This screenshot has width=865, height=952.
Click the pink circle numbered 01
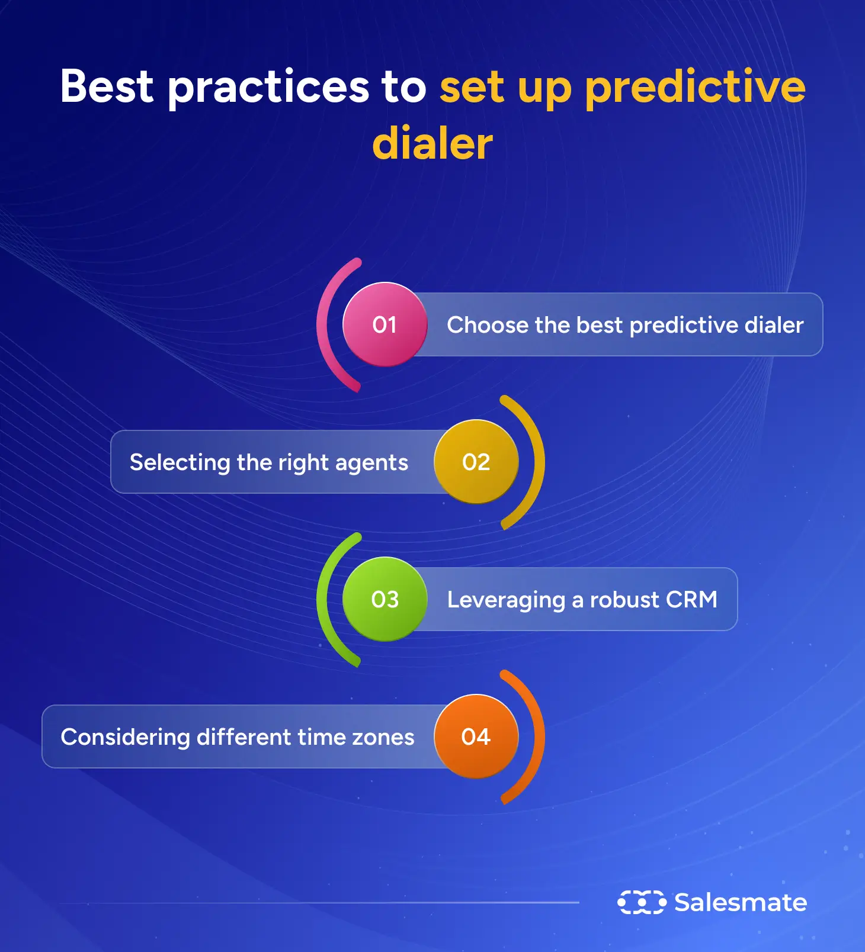[385, 324]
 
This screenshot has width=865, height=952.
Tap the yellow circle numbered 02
[476, 462]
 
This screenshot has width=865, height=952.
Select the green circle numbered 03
[385, 599]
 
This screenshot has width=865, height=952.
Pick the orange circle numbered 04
[476, 736]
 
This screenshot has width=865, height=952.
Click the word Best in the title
[107, 86]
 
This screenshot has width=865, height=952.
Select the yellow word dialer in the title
[432, 144]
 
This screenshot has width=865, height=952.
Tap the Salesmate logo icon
[642, 902]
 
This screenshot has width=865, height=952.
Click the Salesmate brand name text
[741, 902]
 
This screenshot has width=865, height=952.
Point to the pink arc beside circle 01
[323, 324]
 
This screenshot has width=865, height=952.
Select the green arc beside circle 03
[323, 599]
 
